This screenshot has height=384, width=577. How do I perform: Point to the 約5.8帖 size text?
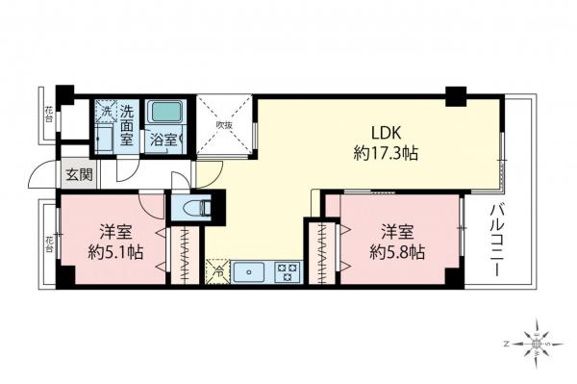397,252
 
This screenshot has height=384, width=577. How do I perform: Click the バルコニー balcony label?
497,241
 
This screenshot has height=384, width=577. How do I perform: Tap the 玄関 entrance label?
78,175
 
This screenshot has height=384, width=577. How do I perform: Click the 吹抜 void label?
224,125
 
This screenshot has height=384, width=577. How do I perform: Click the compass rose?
536,342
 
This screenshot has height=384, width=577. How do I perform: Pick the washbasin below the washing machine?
104,141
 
